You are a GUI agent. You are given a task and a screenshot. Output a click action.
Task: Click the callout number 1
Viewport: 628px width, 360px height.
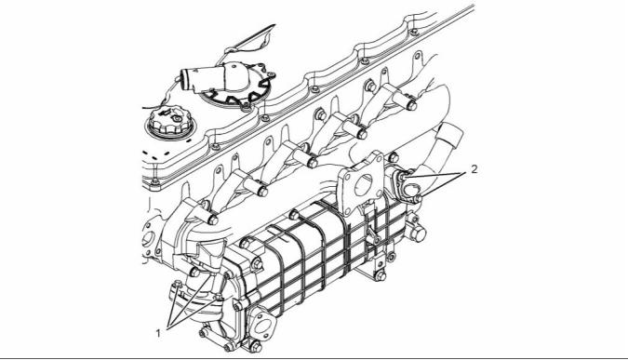[x=158, y=332]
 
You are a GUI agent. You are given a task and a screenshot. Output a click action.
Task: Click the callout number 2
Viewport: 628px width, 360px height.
[x=474, y=169]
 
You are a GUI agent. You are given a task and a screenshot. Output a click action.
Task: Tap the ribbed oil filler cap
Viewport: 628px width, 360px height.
[x=170, y=121]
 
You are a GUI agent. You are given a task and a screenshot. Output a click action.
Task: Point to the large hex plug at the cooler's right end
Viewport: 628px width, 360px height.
[x=418, y=233]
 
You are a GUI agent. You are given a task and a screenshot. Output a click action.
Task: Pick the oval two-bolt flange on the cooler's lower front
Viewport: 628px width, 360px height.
[x=262, y=323]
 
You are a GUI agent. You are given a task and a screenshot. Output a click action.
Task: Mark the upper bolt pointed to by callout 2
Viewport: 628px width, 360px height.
[x=403, y=176]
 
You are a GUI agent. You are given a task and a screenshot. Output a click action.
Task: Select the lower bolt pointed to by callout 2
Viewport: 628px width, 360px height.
[x=417, y=199]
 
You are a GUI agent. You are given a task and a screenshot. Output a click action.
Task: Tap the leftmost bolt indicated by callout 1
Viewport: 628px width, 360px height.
[x=178, y=286]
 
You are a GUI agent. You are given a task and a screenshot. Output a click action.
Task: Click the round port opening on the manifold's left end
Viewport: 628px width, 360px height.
[x=148, y=240]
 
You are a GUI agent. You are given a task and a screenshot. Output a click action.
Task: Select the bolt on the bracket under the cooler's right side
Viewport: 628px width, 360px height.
[x=381, y=276]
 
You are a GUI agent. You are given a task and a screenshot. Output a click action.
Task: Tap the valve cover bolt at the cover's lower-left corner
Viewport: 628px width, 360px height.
[x=155, y=182]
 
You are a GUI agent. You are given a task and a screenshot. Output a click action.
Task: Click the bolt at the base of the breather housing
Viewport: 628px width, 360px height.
[x=246, y=106]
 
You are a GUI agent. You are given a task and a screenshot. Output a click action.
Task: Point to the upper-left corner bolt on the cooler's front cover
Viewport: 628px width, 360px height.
[x=244, y=244]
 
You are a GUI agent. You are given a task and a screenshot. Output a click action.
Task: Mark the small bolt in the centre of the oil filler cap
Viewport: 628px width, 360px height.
[x=176, y=118]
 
